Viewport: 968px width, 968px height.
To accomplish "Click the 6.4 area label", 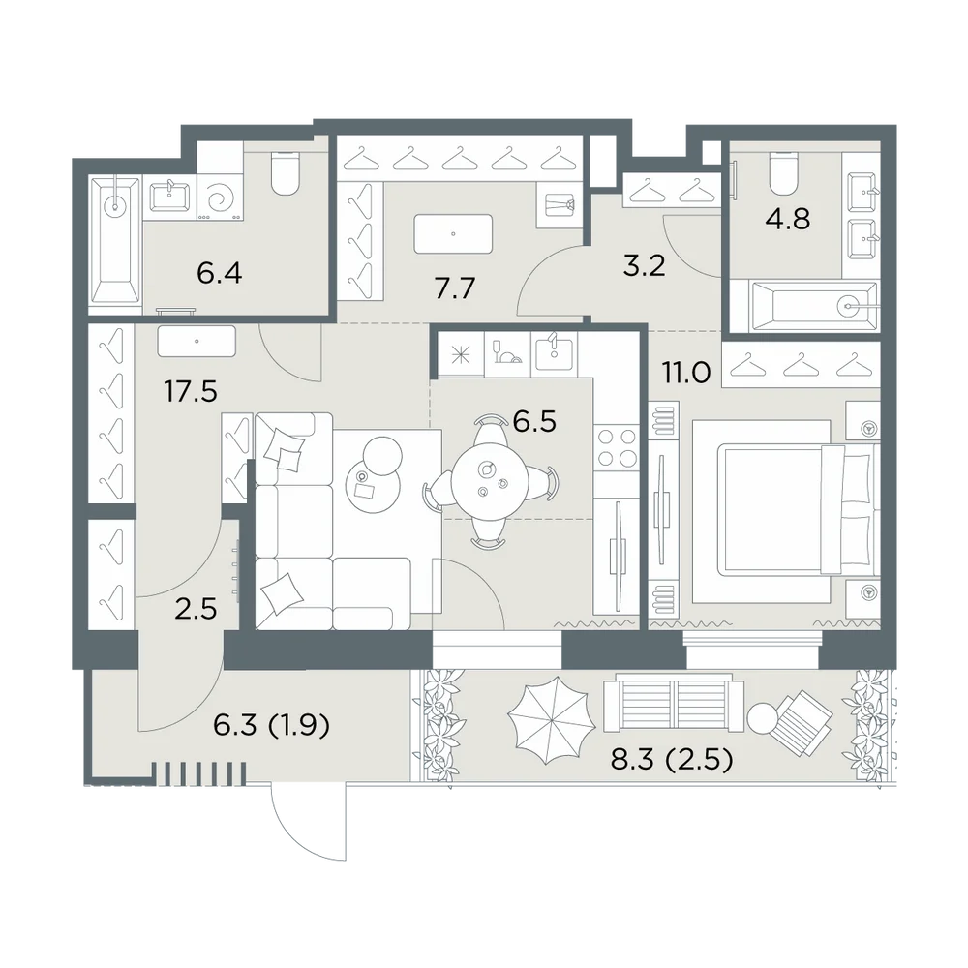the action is pos(219,273).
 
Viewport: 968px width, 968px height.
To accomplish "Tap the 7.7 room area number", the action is pos(454,288).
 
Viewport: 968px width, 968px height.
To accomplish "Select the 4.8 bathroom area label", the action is pos(788,219).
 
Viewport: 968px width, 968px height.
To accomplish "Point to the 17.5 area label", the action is pos(191,391).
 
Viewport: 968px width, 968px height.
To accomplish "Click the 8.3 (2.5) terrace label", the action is pos(672,759).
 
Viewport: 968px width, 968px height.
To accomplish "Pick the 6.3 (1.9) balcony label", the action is pos(272,725).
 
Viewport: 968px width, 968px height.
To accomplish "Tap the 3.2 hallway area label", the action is pos(644,266).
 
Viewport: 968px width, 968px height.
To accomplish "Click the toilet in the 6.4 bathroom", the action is pos(286,173).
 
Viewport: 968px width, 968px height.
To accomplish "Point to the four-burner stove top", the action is pos(617,447).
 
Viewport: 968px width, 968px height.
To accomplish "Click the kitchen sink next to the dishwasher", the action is pos(554,355).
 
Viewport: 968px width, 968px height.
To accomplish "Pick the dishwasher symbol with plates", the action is pos(507,353).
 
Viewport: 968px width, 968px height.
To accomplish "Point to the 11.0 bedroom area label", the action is pos(686,373).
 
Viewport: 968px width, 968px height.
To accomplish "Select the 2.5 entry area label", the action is pos(196,609).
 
